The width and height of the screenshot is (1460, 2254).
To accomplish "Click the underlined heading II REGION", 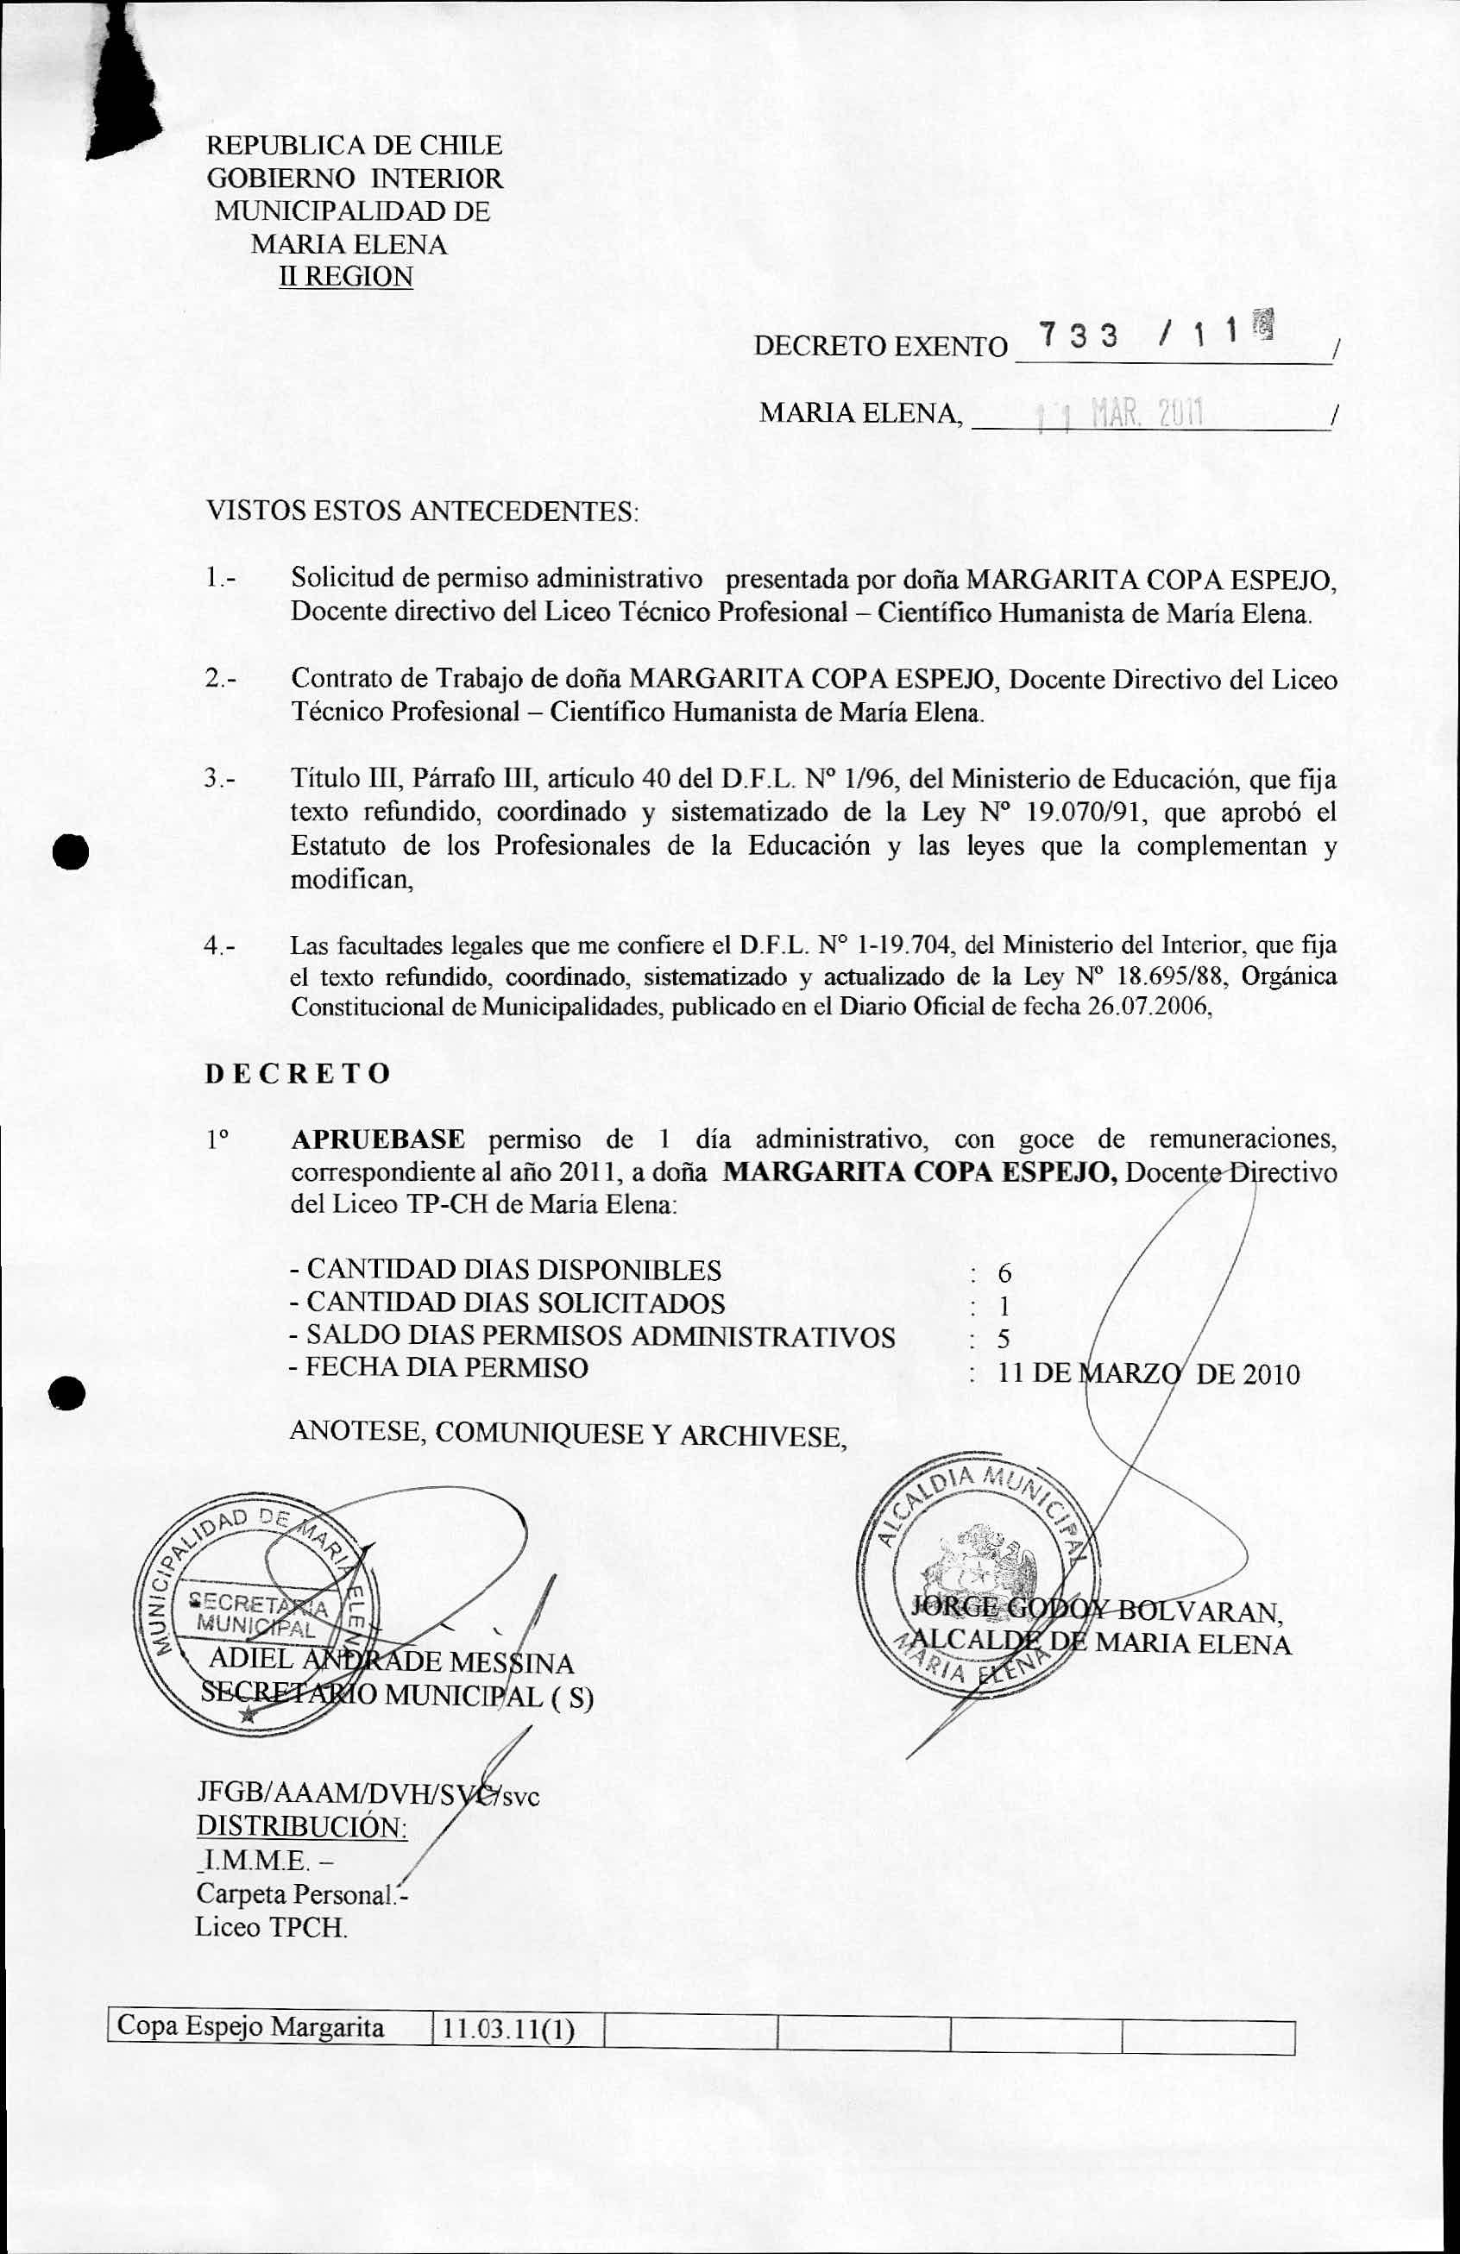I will click(346, 277).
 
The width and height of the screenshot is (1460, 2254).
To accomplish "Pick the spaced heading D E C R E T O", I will click(298, 1073).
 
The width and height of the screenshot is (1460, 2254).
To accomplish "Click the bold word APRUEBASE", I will click(378, 1139).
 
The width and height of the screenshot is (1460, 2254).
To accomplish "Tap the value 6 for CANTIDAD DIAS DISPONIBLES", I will click(1004, 1274).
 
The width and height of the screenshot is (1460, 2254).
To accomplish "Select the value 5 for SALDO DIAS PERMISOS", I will click(1004, 1339).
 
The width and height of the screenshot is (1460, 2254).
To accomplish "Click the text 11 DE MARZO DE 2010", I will click(1148, 1374).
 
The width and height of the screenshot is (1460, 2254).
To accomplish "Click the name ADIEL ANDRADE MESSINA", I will click(390, 1662).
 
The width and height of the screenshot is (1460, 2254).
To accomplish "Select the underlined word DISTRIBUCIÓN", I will click(301, 1827).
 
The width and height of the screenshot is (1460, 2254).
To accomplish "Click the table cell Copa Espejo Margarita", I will click(251, 2028).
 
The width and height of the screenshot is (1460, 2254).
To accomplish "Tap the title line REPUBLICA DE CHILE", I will click(355, 146).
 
